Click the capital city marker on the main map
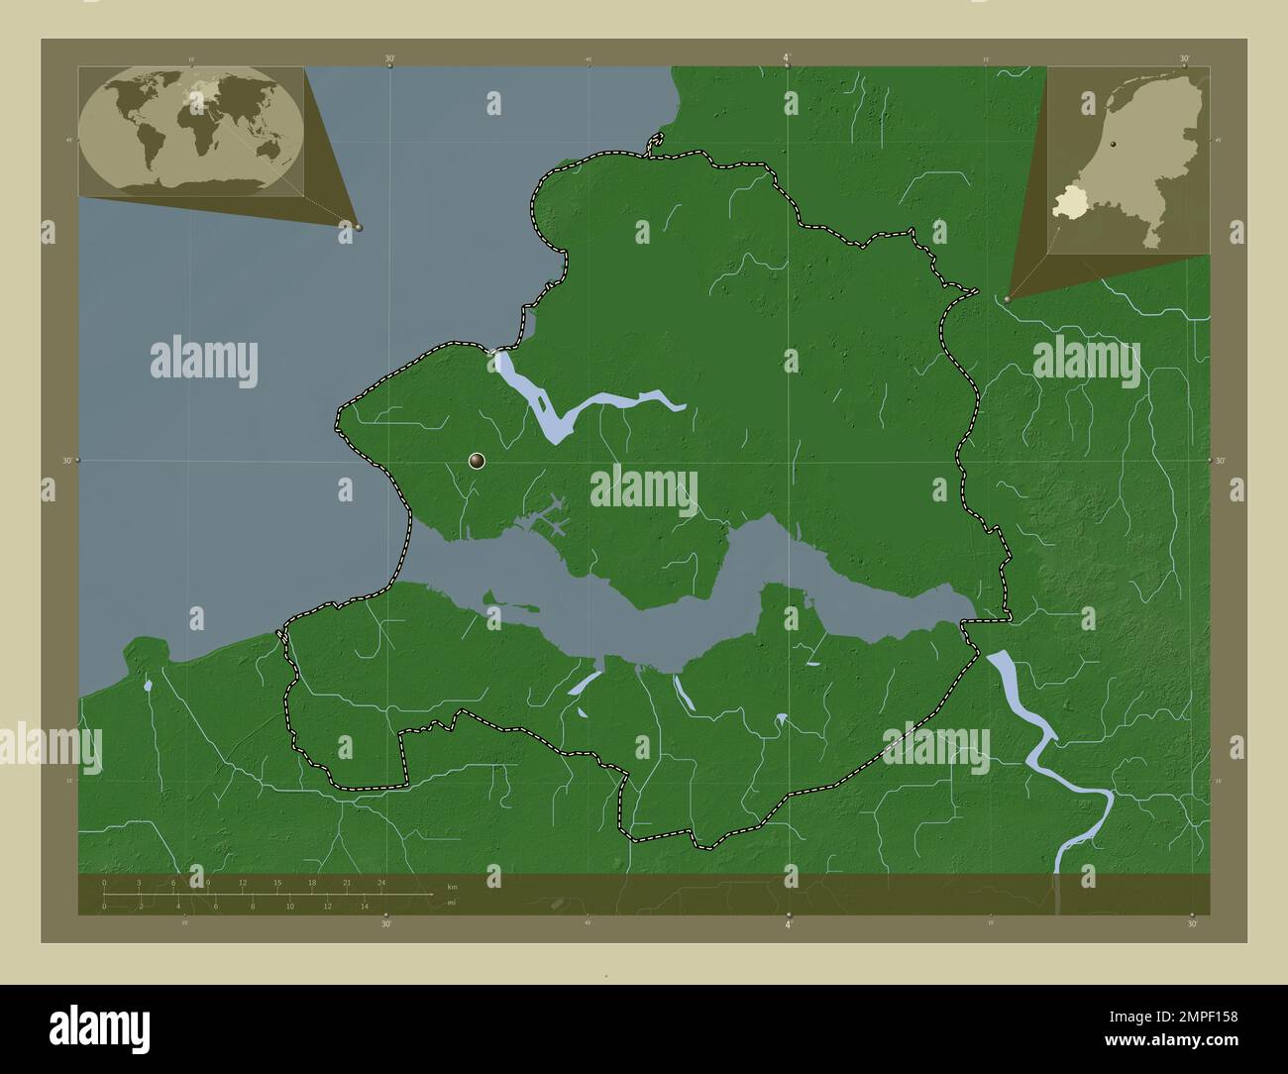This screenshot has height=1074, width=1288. [478, 460]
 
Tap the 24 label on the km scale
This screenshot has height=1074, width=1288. [381, 882]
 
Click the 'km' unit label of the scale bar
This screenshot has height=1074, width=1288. [452, 886]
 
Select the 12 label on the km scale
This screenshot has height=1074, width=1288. [243, 882]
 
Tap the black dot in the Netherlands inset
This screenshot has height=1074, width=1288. [1114, 146]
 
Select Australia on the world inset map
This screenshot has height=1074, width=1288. [266, 149]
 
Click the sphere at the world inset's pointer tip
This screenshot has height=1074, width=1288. [359, 227]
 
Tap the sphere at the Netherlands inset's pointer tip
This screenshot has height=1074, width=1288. [1008, 298]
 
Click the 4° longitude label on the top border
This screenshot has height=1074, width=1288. [788, 58]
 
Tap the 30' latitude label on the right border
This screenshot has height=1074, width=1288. [1221, 461]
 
